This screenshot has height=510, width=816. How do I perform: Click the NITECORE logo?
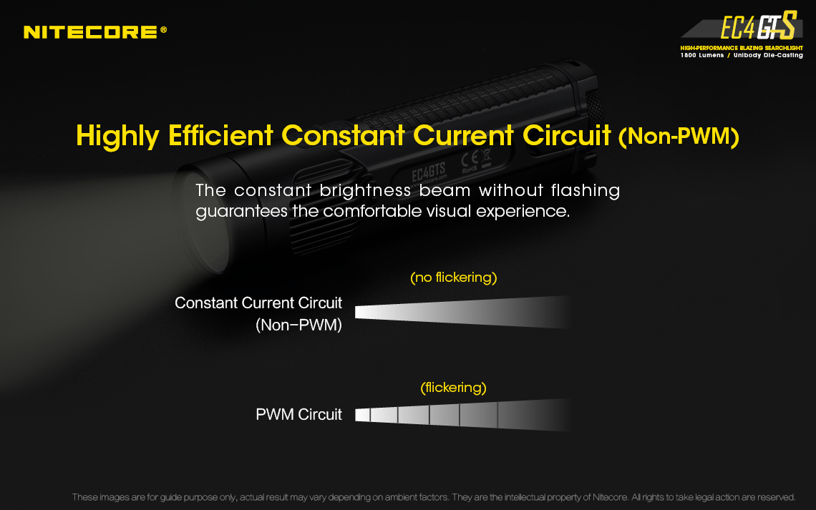(95, 32)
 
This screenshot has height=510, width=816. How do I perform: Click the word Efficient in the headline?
(220, 136)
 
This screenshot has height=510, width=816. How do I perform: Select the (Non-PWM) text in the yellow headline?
(679, 137)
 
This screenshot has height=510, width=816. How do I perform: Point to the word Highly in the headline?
(117, 137)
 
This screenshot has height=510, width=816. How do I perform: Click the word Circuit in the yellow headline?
(566, 136)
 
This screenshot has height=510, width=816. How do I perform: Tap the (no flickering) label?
(453, 278)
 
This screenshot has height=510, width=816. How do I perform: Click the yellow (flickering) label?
(453, 388)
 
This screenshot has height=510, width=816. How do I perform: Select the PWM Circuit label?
(298, 414)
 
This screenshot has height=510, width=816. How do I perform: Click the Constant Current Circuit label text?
(258, 303)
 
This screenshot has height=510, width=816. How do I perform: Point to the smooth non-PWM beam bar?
(463, 313)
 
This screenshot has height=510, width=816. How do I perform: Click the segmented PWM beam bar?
(463, 415)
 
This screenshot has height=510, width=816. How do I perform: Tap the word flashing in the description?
(586, 191)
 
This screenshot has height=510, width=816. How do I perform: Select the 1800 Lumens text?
(702, 55)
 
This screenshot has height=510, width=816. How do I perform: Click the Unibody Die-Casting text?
(768, 55)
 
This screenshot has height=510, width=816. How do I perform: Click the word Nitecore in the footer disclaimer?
(610, 498)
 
